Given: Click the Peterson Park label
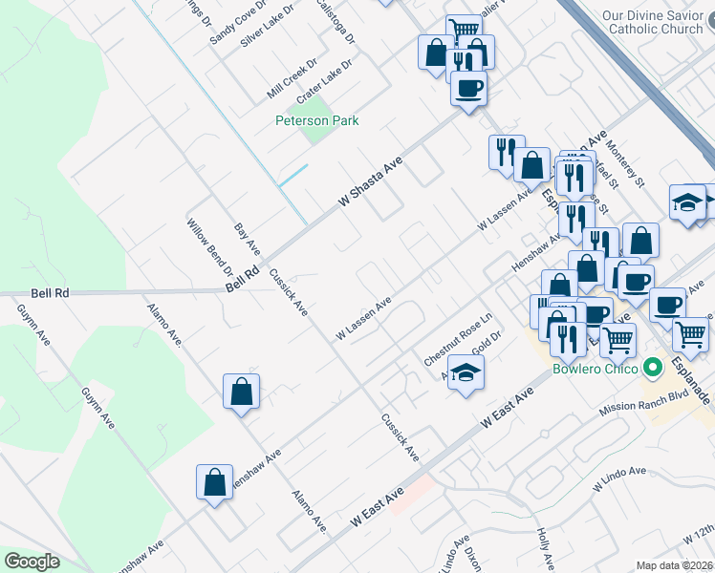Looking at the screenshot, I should coord(316,121).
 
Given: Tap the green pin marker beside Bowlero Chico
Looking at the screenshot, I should coord(654,367).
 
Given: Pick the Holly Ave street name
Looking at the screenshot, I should coord(546,549).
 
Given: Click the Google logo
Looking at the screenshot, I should coord(32,562).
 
